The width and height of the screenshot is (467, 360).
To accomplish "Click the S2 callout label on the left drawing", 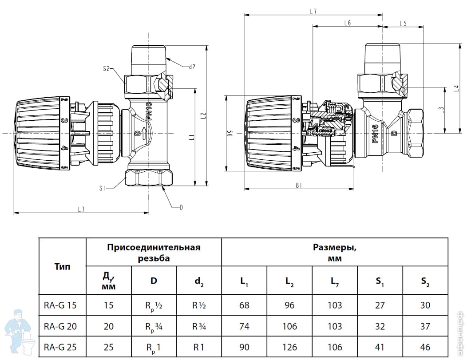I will [x=106, y=69].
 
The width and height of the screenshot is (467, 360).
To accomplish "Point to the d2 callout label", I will [x=192, y=67].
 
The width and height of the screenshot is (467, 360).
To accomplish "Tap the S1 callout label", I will [x=103, y=189].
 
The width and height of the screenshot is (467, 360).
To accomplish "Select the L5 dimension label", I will [x=403, y=24].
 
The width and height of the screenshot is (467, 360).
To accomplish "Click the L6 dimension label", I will [x=347, y=24].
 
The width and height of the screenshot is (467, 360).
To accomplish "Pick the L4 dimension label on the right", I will [x=457, y=88].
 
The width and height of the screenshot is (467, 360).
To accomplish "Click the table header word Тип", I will [x=62, y=267].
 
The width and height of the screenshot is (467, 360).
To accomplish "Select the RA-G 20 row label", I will [x=60, y=327].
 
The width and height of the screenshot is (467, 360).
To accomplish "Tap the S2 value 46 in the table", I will [x=425, y=347].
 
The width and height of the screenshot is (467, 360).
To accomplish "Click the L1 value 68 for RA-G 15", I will [x=244, y=305].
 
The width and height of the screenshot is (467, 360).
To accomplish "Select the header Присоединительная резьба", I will [x=154, y=252].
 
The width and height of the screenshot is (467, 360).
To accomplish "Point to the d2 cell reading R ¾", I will [x=199, y=327].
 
